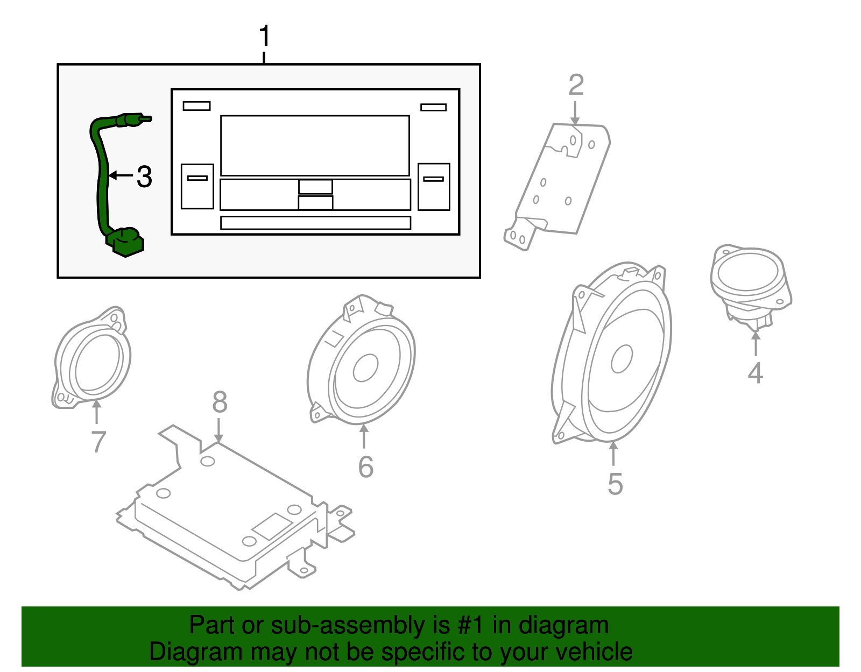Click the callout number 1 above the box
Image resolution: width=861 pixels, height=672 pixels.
tap(264, 37)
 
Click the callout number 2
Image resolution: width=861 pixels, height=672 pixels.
tap(576, 86)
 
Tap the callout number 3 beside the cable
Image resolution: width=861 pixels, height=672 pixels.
tap(144, 176)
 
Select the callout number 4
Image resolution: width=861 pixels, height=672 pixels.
tap(756, 373)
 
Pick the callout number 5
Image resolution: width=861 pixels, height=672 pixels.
tap(615, 484)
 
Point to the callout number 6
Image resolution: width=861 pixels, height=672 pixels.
tap(365, 466)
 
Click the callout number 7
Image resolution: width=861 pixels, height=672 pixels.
tap(98, 442)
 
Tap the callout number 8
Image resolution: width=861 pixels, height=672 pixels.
tap(220, 402)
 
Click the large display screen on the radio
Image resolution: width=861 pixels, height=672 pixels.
tap(315, 145)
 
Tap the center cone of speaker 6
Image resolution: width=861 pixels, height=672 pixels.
tap(365, 368)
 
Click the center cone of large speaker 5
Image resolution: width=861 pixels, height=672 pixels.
tap(622, 359)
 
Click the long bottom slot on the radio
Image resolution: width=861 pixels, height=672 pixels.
tap(315, 222)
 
